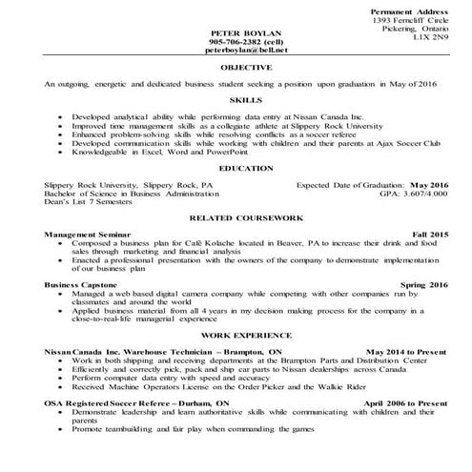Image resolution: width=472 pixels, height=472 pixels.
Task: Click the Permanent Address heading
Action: (406, 10)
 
